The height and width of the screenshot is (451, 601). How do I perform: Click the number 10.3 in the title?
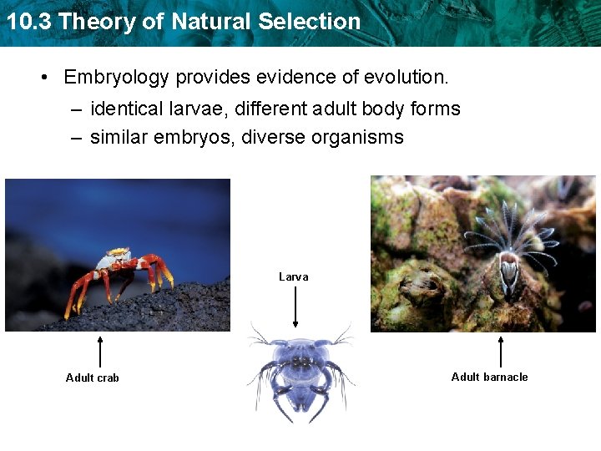tap(28, 21)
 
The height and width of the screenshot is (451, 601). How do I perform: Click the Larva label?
tap(293, 276)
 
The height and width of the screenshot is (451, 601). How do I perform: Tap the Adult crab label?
tap(93, 378)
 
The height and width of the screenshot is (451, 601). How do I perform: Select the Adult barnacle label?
tap(489, 377)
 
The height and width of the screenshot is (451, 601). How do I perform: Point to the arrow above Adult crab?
tap(100, 351)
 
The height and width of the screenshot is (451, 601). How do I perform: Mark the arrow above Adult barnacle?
tap(501, 351)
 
